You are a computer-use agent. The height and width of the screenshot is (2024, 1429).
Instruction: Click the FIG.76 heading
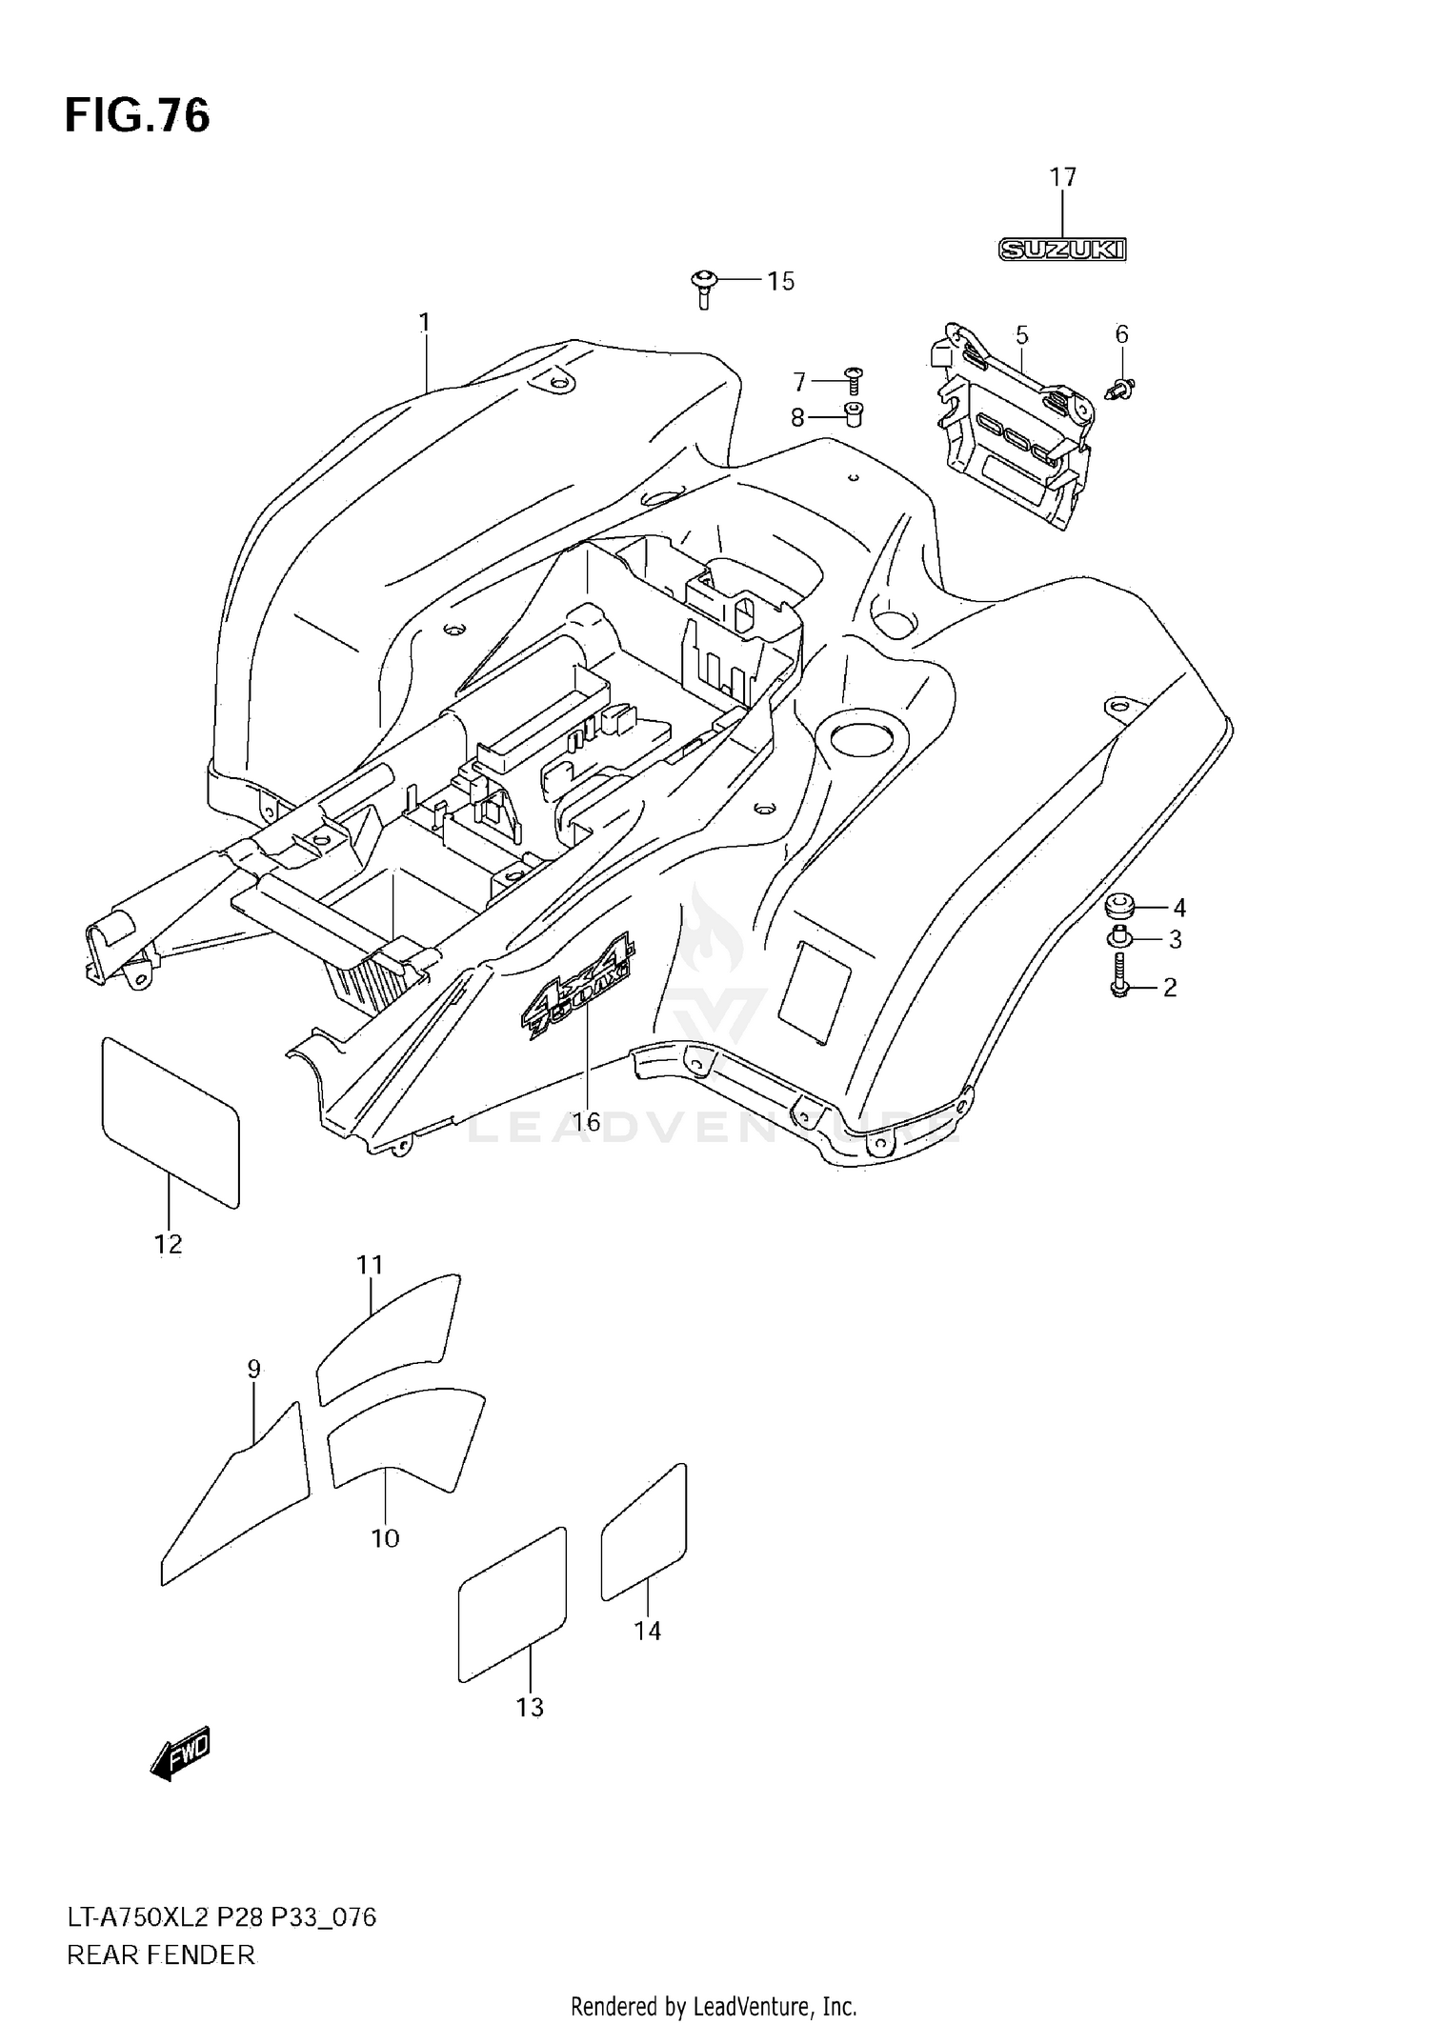(137, 116)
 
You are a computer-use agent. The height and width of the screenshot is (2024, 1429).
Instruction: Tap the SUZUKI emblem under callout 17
(1062, 250)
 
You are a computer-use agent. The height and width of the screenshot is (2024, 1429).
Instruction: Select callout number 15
(780, 281)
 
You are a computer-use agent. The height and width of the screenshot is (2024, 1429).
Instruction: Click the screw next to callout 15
(703, 287)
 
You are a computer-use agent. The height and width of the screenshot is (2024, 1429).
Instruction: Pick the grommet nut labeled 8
(853, 415)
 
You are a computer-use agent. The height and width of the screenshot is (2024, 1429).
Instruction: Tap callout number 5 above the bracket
(1021, 335)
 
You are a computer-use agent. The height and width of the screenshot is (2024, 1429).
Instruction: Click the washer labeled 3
(1118, 938)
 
